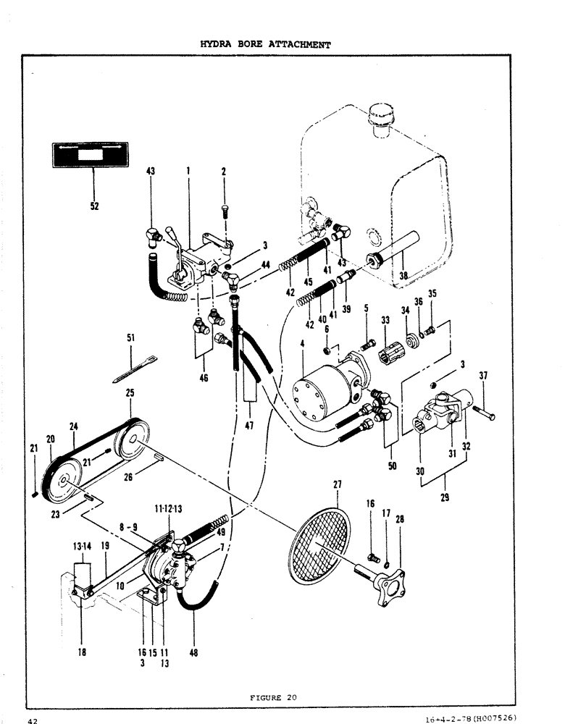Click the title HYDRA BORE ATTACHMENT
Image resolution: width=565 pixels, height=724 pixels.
265,44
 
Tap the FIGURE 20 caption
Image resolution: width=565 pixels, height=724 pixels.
273,697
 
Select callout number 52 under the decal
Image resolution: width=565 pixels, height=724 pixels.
94,206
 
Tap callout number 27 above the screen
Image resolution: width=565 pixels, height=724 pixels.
338,484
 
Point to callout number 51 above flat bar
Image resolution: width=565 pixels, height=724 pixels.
131,337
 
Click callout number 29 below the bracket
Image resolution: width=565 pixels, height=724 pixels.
443,497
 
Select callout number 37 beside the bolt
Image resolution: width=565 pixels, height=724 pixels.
483,375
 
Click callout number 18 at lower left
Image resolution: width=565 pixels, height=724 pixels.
82,651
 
